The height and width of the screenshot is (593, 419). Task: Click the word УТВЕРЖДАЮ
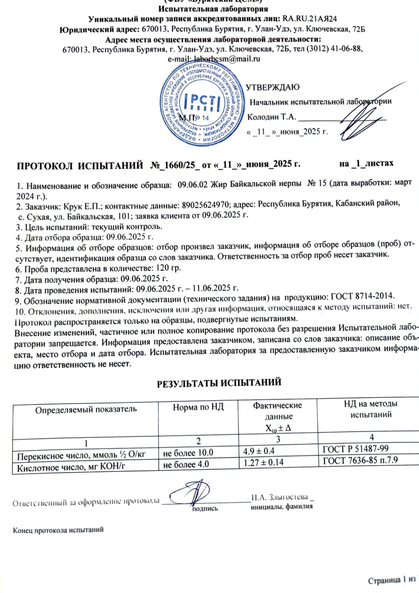pyautogui.click(x=273, y=87)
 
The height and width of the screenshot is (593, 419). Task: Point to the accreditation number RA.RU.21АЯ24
pyautogui.click(x=310, y=19)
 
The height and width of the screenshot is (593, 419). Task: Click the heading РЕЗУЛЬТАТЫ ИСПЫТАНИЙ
pyautogui.click(x=219, y=383)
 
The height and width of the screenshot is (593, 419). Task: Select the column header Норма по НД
pyautogui.click(x=198, y=408)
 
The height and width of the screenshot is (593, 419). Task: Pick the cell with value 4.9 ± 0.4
pyautogui.click(x=259, y=451)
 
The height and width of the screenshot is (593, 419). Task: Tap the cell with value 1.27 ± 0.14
pyautogui.click(x=263, y=462)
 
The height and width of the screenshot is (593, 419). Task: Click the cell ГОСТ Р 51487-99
pyautogui.click(x=356, y=449)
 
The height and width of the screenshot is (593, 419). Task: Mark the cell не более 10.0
pyautogui.click(x=188, y=453)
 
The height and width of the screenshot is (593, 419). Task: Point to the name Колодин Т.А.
pyautogui.click(x=272, y=117)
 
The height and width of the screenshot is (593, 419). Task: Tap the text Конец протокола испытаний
pyautogui.click(x=58, y=530)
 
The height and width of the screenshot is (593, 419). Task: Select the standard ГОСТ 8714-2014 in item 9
pyautogui.click(x=363, y=296)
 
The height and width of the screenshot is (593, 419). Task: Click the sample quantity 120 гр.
pyautogui.click(x=169, y=268)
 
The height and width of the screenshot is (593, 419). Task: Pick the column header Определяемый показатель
pyautogui.click(x=86, y=410)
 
